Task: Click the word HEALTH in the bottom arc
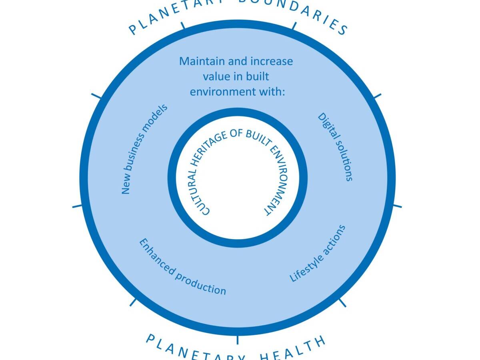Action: (292, 350)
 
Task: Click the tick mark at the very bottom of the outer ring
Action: (238, 340)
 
